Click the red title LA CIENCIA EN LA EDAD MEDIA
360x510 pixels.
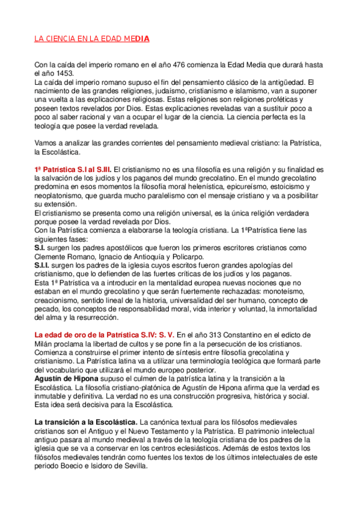coord(91,39)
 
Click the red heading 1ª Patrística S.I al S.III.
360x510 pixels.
coord(73,170)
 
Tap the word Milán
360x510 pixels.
coord(46,344)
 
